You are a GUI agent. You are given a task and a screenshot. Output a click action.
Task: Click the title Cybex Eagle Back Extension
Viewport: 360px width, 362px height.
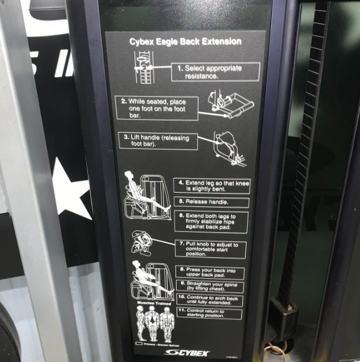tap(185, 41)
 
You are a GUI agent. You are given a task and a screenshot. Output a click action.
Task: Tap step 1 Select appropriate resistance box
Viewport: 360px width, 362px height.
tap(215, 71)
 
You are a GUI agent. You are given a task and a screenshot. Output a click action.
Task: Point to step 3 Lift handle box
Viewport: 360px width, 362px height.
tap(159, 141)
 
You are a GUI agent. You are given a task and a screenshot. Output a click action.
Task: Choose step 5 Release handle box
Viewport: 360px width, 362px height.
tap(210, 202)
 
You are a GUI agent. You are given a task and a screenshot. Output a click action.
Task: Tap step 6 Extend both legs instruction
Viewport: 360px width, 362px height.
tap(210, 222)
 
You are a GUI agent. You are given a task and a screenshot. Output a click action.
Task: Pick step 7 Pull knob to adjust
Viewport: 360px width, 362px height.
tap(211, 249)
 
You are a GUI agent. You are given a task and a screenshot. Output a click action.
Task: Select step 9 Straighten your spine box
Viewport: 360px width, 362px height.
tap(211, 287)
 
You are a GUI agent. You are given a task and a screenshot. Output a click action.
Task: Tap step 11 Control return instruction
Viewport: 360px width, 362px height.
tap(211, 314)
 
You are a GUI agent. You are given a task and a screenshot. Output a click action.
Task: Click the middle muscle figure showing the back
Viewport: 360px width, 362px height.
tap(151, 328)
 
